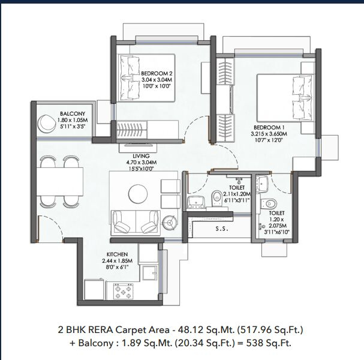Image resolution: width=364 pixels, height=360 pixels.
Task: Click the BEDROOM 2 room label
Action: [x=157, y=73]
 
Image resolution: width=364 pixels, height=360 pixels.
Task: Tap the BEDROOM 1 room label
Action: [x=269, y=128]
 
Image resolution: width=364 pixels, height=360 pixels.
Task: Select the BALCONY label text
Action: [x=73, y=114]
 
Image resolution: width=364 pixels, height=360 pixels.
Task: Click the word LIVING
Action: [x=141, y=156]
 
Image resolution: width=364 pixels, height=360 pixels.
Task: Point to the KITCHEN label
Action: [x=117, y=254]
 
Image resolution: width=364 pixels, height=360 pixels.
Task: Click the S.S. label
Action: [x=222, y=229]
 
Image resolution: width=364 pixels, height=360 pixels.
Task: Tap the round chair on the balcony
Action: [x=46, y=124]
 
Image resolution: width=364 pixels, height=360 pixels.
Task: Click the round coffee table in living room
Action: [x=138, y=194]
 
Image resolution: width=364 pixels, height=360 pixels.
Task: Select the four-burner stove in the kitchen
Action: [x=123, y=291]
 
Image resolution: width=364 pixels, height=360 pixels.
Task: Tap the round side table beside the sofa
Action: [x=170, y=222]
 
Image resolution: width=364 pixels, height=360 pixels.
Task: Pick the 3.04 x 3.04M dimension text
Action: [x=157, y=80]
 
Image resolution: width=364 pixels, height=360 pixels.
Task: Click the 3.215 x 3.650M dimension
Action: [x=269, y=134]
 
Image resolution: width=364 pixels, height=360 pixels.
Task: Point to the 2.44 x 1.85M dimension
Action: [x=117, y=261]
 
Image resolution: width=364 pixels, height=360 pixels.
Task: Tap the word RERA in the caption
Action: [x=101, y=330]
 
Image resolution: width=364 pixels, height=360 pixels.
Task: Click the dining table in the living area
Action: [x=60, y=182]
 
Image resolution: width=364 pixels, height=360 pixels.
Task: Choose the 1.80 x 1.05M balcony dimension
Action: [x=73, y=121]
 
